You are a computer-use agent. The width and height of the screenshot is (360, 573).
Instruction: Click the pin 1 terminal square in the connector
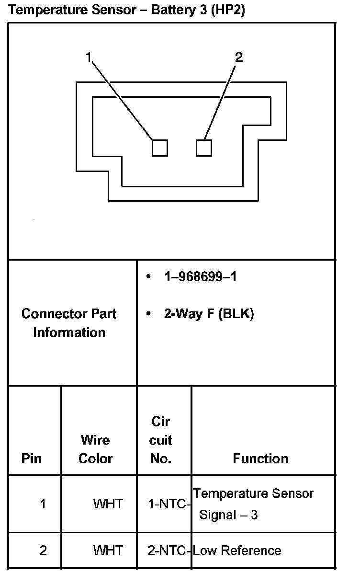(160, 148)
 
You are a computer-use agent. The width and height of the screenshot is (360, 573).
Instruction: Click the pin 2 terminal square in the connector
(204, 148)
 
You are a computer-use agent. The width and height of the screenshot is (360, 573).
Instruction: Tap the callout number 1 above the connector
(88, 57)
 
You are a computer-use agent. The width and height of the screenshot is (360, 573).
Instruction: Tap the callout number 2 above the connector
(239, 57)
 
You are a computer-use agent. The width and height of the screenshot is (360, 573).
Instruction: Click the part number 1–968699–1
(200, 277)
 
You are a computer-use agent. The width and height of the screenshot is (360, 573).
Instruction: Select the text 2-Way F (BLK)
(209, 314)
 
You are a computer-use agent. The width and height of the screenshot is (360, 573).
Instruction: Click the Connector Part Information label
(69, 323)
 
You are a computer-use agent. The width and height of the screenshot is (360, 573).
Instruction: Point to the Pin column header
(32, 458)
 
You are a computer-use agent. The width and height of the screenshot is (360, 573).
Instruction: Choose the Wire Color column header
(95, 449)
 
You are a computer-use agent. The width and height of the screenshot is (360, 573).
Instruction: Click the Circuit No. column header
(161, 440)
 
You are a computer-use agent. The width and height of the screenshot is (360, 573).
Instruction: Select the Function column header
(260, 458)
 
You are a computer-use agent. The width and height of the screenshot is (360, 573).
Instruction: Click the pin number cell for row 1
(43, 504)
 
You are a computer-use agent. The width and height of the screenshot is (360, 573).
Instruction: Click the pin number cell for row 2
(43, 550)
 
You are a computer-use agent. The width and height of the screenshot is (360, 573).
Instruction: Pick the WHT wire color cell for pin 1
(108, 504)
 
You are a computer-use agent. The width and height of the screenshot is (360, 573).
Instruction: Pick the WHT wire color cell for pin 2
(108, 550)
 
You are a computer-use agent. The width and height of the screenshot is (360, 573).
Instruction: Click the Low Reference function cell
(237, 550)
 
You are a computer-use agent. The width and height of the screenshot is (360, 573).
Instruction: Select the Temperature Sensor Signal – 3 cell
(253, 504)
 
